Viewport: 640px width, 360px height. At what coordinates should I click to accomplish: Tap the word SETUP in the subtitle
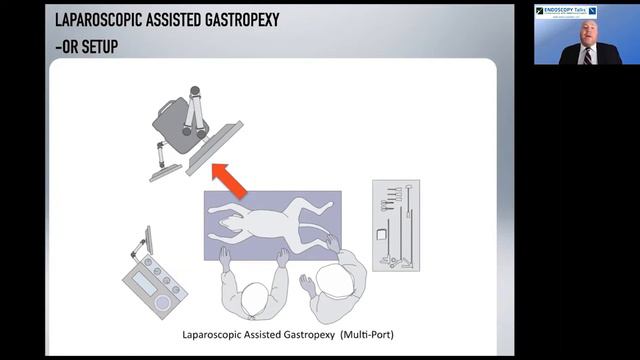point(97,45)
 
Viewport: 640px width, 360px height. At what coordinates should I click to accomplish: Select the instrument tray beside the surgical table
point(395,225)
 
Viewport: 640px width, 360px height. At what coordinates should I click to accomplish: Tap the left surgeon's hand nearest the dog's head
point(226,255)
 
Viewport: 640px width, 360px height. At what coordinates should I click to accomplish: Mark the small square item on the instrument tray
point(381,235)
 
